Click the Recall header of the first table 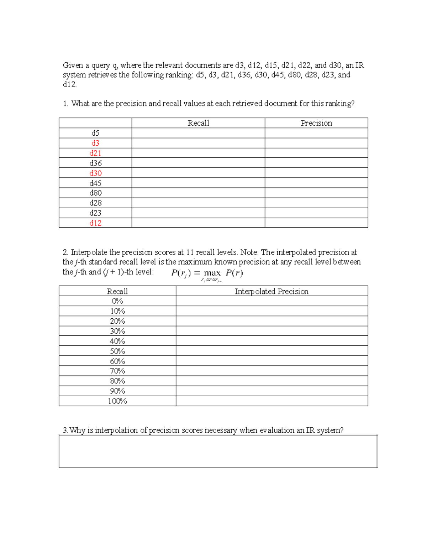198,123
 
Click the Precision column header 316,123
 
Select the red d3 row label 95,143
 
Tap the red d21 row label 95,153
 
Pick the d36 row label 95,163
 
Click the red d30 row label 95,173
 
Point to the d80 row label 95,193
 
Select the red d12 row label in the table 95,223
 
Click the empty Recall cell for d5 198,133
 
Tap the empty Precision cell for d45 316,183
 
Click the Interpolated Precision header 272,291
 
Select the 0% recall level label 117,301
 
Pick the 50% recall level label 117,351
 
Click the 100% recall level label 117,401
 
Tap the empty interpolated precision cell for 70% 272,371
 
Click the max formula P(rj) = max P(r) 207,273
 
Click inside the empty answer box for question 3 217,451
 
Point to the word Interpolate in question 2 89,252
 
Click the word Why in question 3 77,430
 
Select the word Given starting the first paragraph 73,66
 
